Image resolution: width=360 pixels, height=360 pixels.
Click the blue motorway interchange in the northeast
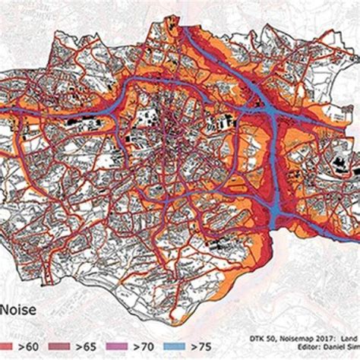(270, 114)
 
